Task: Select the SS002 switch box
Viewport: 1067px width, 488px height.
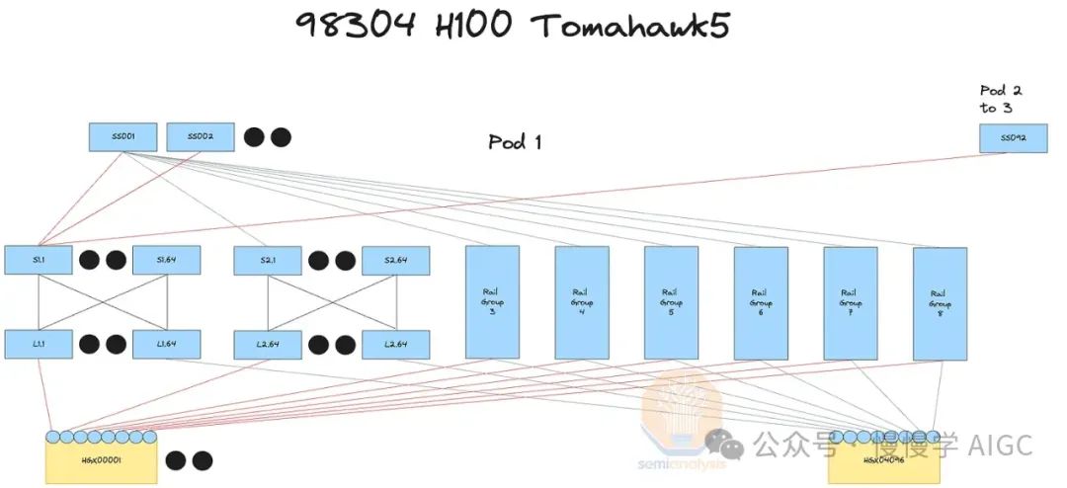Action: (201, 137)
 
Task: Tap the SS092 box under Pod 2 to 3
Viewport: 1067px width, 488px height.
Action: (1013, 138)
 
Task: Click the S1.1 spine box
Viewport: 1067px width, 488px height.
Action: (39, 260)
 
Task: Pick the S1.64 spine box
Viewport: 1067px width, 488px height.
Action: (166, 260)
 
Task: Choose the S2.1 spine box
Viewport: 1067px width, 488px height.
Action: (267, 261)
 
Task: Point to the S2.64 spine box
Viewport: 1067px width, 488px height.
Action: (395, 261)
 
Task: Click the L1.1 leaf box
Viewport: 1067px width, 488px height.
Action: (39, 344)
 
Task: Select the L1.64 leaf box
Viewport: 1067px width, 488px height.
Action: (166, 344)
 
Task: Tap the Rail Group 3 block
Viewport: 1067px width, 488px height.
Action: (492, 302)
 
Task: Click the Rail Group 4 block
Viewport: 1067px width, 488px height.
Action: (581, 302)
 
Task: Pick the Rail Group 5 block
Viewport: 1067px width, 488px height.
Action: (671, 302)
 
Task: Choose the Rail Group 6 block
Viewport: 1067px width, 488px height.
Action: (760, 302)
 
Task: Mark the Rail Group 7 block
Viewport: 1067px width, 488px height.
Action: (850, 302)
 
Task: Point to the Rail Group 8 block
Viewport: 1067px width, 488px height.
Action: (940, 303)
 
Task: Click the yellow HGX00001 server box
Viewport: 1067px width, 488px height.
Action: (101, 461)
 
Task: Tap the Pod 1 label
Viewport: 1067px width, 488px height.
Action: (515, 142)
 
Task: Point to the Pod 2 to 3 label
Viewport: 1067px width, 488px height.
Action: (1001, 99)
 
